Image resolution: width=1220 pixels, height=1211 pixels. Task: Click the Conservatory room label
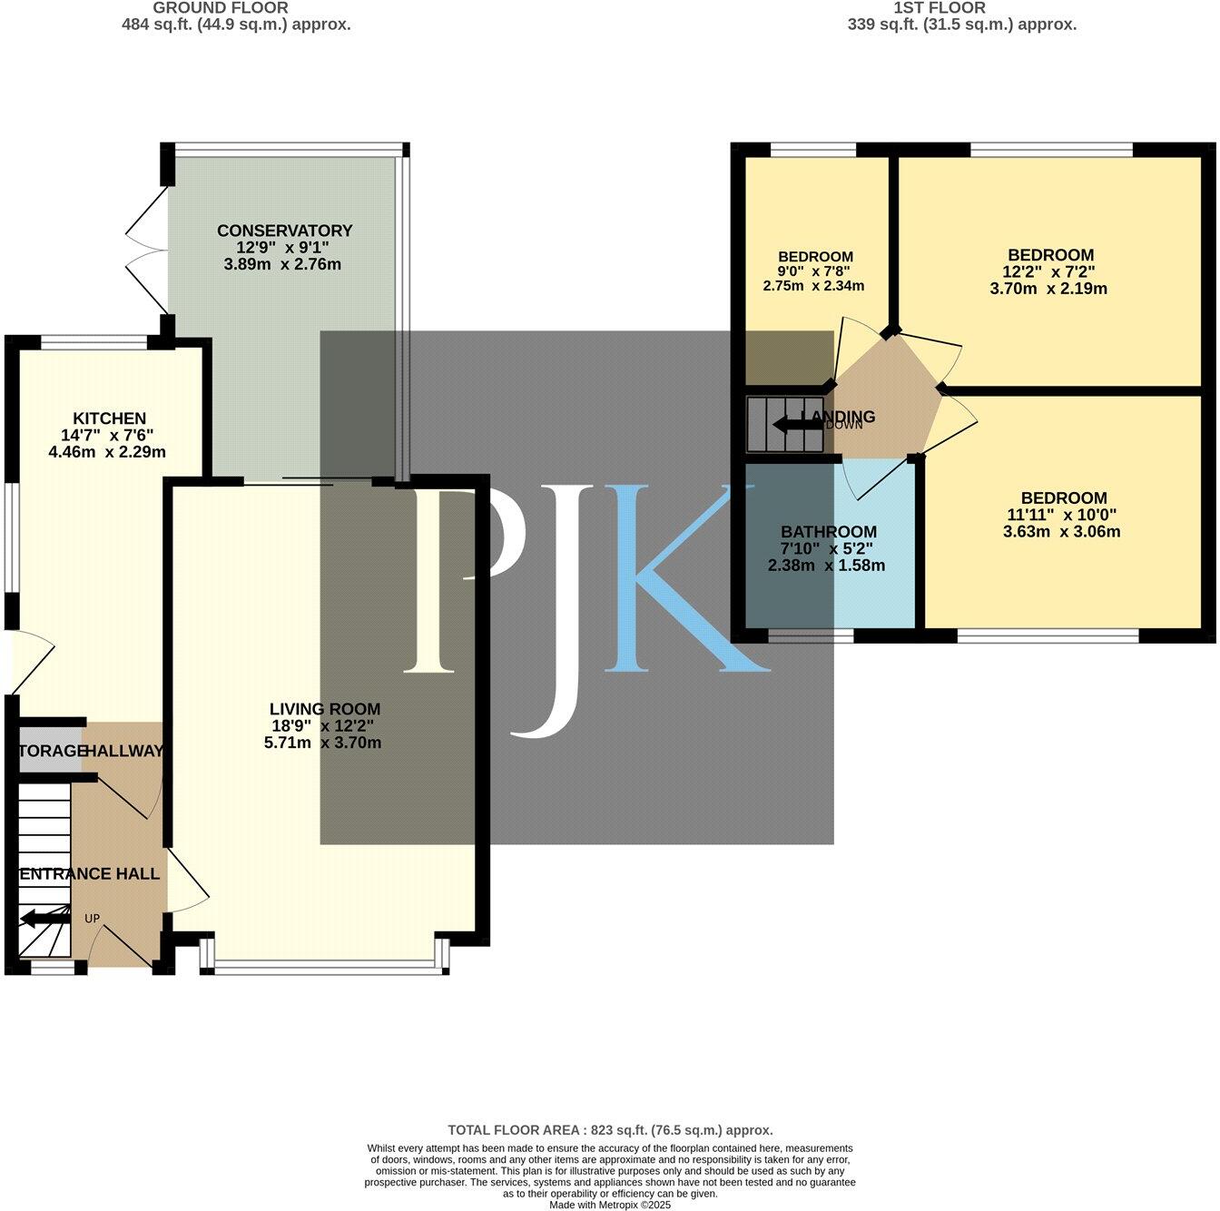pyautogui.click(x=284, y=231)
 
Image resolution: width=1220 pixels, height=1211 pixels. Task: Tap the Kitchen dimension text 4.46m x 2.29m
pyautogui.click(x=106, y=451)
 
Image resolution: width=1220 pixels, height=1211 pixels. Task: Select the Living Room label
pyautogui.click(x=324, y=709)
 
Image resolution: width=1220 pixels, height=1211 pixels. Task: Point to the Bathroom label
pyautogui.click(x=828, y=532)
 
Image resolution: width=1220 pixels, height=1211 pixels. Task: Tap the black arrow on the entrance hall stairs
pyautogui.click(x=44, y=919)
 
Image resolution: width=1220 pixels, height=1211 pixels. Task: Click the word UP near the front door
pyautogui.click(x=92, y=919)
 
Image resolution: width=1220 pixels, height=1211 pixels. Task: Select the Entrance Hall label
pyautogui.click(x=89, y=874)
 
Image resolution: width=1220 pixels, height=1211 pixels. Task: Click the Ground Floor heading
pyautogui.click(x=220, y=7)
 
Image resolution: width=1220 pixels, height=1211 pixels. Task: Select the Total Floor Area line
pyautogui.click(x=610, y=1130)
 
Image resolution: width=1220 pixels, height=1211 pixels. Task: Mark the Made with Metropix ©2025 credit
pyautogui.click(x=610, y=1205)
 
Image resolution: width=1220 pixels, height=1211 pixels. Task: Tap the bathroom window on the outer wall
pyautogui.click(x=810, y=637)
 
